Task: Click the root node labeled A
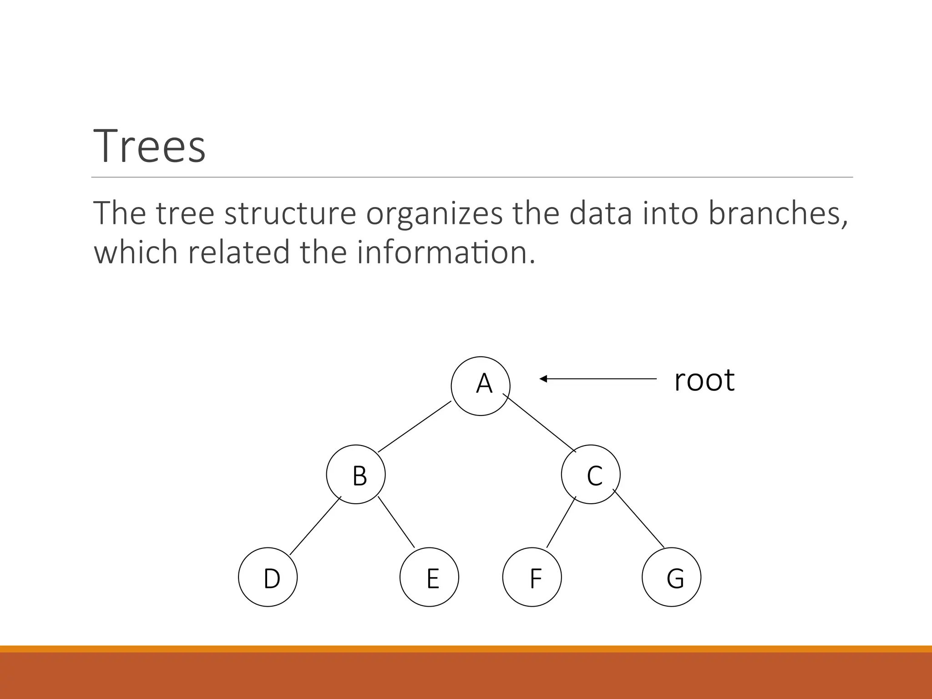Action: pyautogui.click(x=481, y=386)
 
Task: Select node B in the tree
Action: pyautogui.click(x=356, y=474)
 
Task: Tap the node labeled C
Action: pyautogui.click(x=591, y=474)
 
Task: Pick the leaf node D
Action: pyautogui.click(x=268, y=577)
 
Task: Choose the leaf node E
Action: pyautogui.click(x=429, y=577)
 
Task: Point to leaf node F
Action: pyautogui.click(x=532, y=577)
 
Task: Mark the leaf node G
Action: pyautogui.click(x=671, y=577)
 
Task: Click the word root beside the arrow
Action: pyautogui.click(x=704, y=380)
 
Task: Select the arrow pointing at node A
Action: pyautogui.click(x=598, y=379)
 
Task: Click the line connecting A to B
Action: pyautogui.click(x=415, y=426)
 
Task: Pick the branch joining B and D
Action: pyautogui.click(x=315, y=527)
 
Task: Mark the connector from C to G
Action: pyautogui.click(x=639, y=518)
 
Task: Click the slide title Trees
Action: pyautogui.click(x=150, y=146)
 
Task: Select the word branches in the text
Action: pyautogui.click(x=778, y=213)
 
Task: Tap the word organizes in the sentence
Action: pyautogui.click(x=434, y=213)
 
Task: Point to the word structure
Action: pyautogui.click(x=290, y=213)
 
